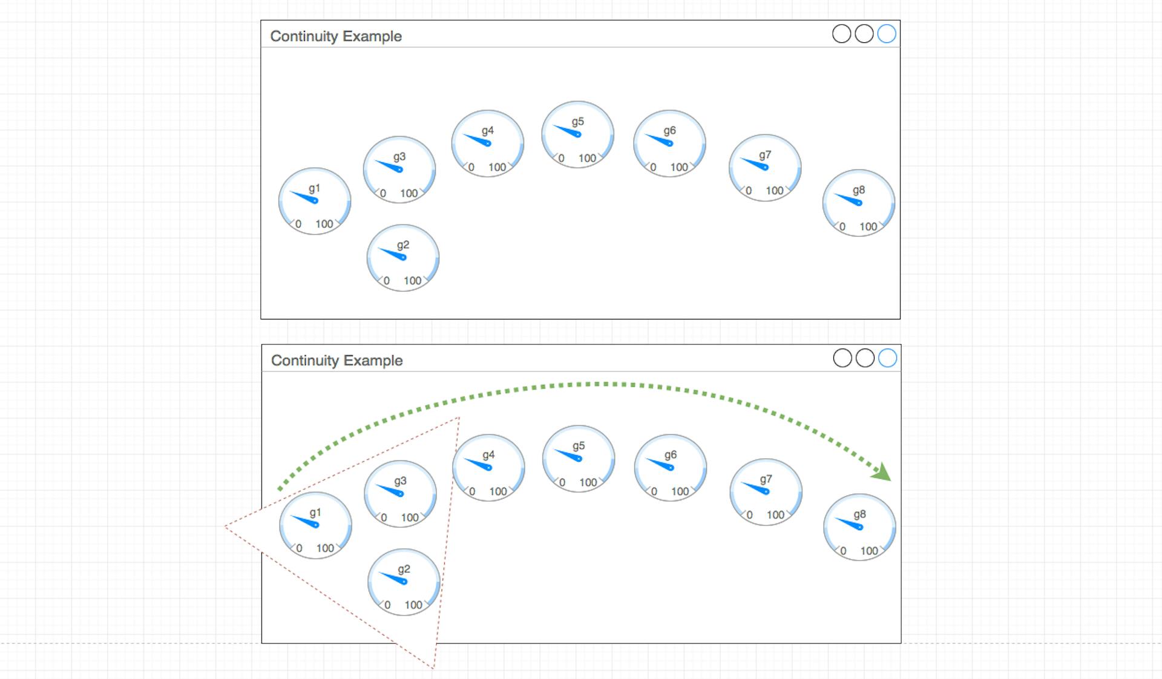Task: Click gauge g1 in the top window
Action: tap(315, 201)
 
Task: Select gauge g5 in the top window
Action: tap(578, 134)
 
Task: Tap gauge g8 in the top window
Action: tap(859, 203)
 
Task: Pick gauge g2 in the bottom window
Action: tap(404, 582)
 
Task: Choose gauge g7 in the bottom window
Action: tap(766, 491)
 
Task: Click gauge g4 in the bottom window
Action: tap(488, 467)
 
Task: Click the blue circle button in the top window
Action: tap(887, 34)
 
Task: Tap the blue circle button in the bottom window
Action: tap(888, 358)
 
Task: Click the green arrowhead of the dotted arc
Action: tap(882, 472)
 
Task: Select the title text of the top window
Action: tap(336, 36)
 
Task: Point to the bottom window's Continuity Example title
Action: tap(337, 361)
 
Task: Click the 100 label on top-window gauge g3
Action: tap(409, 193)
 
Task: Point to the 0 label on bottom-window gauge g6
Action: tap(654, 491)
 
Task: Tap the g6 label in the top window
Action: tap(669, 131)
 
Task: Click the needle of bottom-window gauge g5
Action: tap(569, 454)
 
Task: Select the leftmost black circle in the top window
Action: tap(842, 34)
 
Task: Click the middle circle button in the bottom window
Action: tap(865, 358)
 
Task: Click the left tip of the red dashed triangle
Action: tap(226, 526)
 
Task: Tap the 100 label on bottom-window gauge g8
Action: tap(869, 551)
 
